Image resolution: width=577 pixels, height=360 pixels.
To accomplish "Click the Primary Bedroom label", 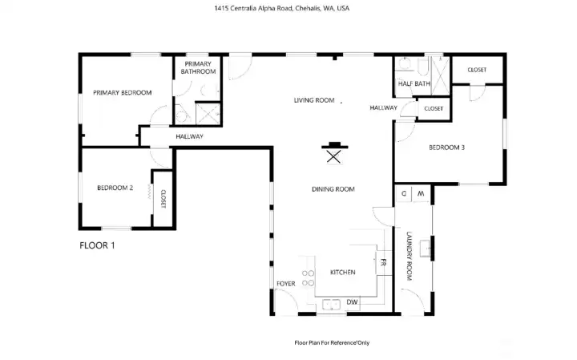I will pyautogui.click(x=122, y=93).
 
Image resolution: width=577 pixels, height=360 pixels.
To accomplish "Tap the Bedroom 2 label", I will pyautogui.click(x=115, y=188).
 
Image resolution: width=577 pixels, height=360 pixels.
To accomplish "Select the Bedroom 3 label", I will pyautogui.click(x=446, y=147).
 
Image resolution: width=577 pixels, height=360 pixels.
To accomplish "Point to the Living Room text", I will pyautogui.click(x=313, y=100).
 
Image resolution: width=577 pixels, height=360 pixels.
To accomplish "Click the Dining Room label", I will pyautogui.click(x=333, y=189).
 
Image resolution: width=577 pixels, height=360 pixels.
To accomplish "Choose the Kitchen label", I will pyautogui.click(x=342, y=273).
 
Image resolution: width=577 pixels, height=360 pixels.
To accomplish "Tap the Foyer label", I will pyautogui.click(x=286, y=284).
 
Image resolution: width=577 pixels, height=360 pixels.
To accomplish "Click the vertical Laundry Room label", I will pyautogui.click(x=409, y=256).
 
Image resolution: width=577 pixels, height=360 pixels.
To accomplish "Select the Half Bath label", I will pyautogui.click(x=414, y=84).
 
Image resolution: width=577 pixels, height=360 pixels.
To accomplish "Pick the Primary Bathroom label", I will pyautogui.click(x=199, y=67).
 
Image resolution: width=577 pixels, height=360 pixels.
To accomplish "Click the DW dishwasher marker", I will pyautogui.click(x=352, y=302).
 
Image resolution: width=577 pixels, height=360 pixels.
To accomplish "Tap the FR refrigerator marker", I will pyautogui.click(x=384, y=263).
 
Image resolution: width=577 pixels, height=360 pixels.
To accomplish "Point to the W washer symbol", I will pyautogui.click(x=420, y=193).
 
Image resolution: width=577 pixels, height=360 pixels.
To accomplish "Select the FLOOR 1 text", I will pyautogui.click(x=97, y=245).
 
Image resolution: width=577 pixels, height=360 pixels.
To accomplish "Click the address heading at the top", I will pyautogui.click(x=282, y=8).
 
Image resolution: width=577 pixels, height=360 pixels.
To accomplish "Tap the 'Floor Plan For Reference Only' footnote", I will pyautogui.click(x=332, y=342).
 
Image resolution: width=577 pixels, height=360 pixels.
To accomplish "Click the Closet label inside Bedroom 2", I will pyautogui.click(x=163, y=199).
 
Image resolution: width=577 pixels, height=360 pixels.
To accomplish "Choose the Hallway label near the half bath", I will pyautogui.click(x=384, y=107).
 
